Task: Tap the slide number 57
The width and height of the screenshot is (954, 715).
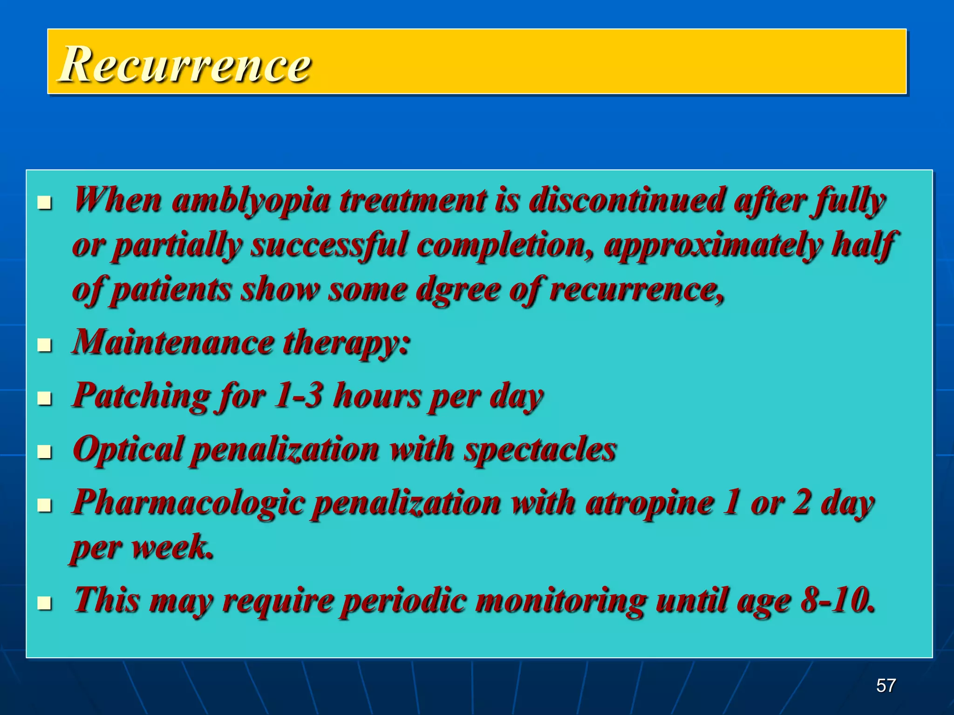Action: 886,686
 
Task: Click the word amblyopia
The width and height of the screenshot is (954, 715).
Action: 251,201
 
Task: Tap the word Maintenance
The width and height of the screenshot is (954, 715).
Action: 172,343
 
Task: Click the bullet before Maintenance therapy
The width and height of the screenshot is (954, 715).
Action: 44,345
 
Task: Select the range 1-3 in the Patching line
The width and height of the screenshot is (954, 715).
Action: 298,396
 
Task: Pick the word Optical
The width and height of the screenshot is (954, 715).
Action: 129,450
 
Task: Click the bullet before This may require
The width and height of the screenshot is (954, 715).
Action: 44,603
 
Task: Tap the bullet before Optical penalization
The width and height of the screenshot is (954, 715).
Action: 44,452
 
